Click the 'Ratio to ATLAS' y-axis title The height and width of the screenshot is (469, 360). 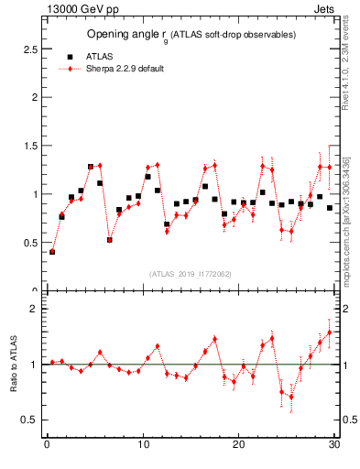[15, 365]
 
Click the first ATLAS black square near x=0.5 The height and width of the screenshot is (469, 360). [52, 252]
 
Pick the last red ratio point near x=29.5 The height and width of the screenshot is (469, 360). [330, 333]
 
